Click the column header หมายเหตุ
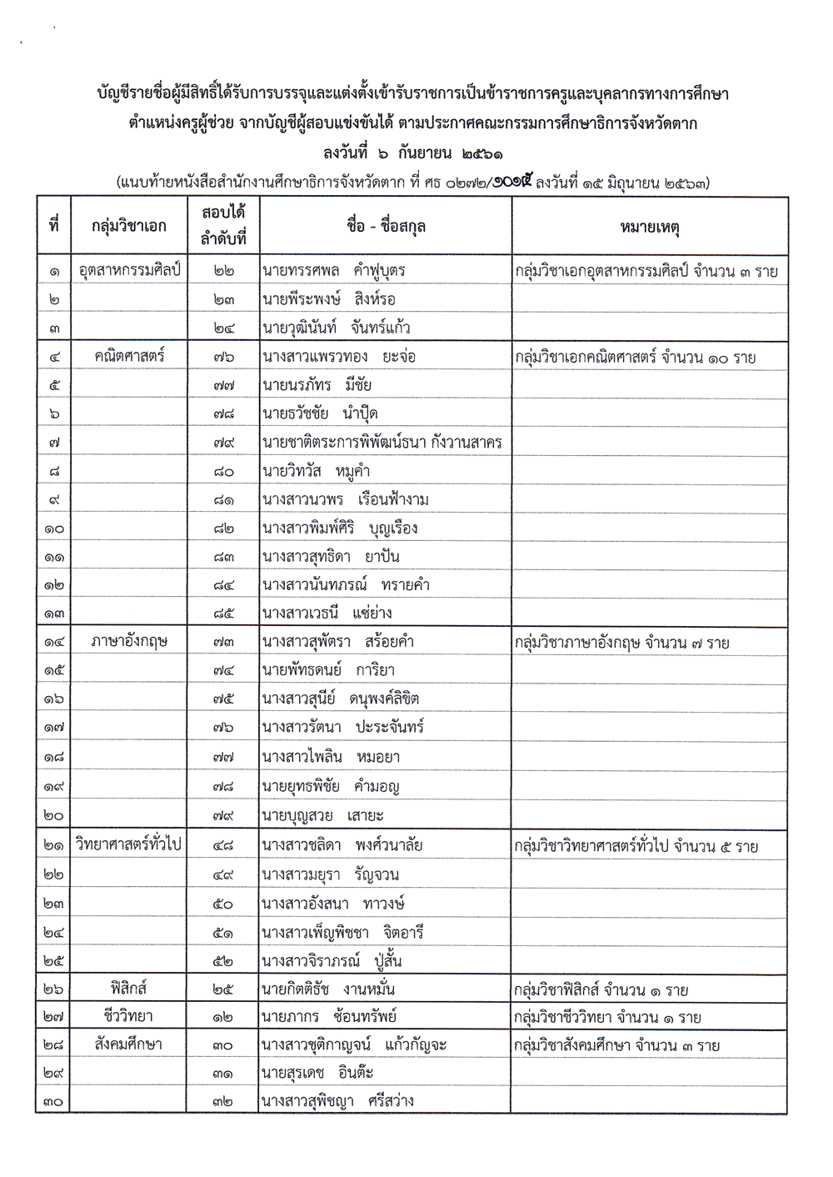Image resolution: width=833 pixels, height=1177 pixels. (x=650, y=226)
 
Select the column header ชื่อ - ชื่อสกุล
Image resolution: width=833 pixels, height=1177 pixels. (x=386, y=226)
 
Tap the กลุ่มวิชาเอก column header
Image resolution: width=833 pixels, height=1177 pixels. (x=129, y=226)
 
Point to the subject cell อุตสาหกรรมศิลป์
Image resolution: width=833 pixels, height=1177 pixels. (x=129, y=270)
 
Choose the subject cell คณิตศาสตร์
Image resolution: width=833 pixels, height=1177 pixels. (x=129, y=357)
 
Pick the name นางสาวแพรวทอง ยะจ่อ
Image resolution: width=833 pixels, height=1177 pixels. (x=338, y=358)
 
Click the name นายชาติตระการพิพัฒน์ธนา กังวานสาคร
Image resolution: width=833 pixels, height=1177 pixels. (x=382, y=443)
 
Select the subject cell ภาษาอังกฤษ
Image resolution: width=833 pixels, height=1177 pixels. (x=129, y=642)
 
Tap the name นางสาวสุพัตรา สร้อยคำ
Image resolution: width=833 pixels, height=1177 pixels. (x=337, y=643)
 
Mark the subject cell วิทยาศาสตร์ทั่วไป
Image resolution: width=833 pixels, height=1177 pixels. (x=129, y=844)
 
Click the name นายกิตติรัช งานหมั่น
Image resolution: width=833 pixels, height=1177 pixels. (x=328, y=989)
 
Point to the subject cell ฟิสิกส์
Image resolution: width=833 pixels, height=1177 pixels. (x=129, y=989)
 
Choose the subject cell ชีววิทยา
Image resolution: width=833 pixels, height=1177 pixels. (x=129, y=1017)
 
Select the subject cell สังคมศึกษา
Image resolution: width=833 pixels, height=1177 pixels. (x=129, y=1044)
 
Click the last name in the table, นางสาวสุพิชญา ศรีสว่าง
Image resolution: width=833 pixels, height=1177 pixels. (x=337, y=1101)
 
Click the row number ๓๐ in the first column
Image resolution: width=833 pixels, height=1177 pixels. (x=53, y=1102)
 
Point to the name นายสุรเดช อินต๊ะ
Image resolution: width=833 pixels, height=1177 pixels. (x=316, y=1074)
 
